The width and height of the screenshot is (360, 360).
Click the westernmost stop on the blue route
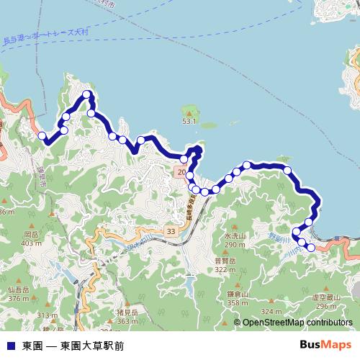tap(42, 135)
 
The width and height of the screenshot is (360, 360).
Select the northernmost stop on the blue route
tap(86, 94)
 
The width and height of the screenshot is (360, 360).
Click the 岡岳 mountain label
tap(30, 235)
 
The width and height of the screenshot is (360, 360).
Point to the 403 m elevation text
tap(31, 243)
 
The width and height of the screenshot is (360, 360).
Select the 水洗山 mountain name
tap(235, 235)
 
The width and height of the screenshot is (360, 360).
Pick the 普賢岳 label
tap(225, 261)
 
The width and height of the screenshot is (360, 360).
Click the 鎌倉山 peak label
tap(238, 294)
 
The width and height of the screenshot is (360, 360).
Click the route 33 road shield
tap(170, 230)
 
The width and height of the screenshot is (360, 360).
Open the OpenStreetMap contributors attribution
tap(297, 323)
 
